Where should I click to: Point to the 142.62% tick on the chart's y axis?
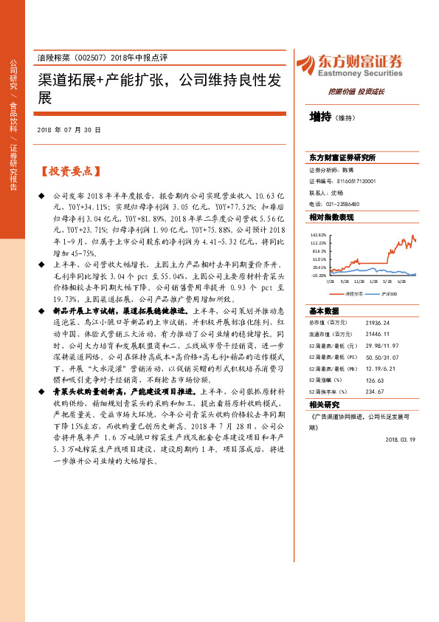(318, 234)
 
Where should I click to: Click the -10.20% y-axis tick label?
(318, 275)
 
